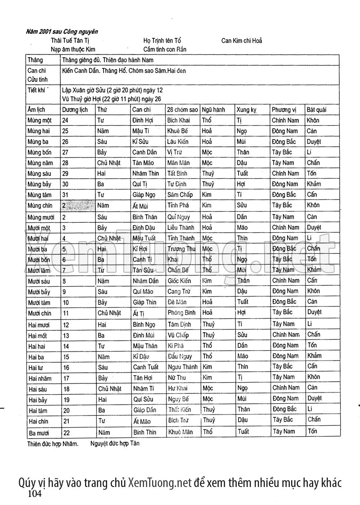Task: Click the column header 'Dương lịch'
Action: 75,110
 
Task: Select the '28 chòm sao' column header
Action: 182,110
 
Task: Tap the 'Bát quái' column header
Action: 316,110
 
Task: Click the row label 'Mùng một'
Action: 40,121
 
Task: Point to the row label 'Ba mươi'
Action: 39,433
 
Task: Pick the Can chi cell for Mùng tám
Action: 144,194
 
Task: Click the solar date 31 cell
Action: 66,194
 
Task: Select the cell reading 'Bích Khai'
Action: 179,121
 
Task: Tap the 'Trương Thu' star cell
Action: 181,249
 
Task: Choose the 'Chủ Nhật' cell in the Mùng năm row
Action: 109,163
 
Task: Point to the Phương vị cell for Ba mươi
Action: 283,431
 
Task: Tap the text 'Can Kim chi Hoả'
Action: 242,41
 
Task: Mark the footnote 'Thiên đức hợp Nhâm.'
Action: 53,443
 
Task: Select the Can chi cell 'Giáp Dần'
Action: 145,410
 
